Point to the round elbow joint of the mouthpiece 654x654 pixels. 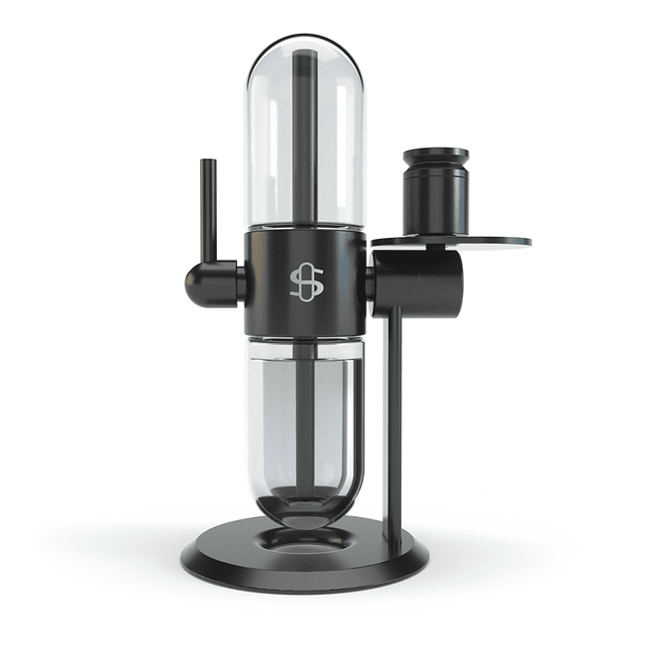coord(202,283)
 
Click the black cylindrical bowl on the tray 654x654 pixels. coord(436,198)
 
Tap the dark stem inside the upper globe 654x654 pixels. coord(304,139)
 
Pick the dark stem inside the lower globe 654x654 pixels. coord(305,426)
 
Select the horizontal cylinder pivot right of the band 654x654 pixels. coord(416,282)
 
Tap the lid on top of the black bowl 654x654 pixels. coord(436,157)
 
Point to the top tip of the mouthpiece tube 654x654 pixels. coord(209,161)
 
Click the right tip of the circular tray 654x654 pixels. coord(528,241)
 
